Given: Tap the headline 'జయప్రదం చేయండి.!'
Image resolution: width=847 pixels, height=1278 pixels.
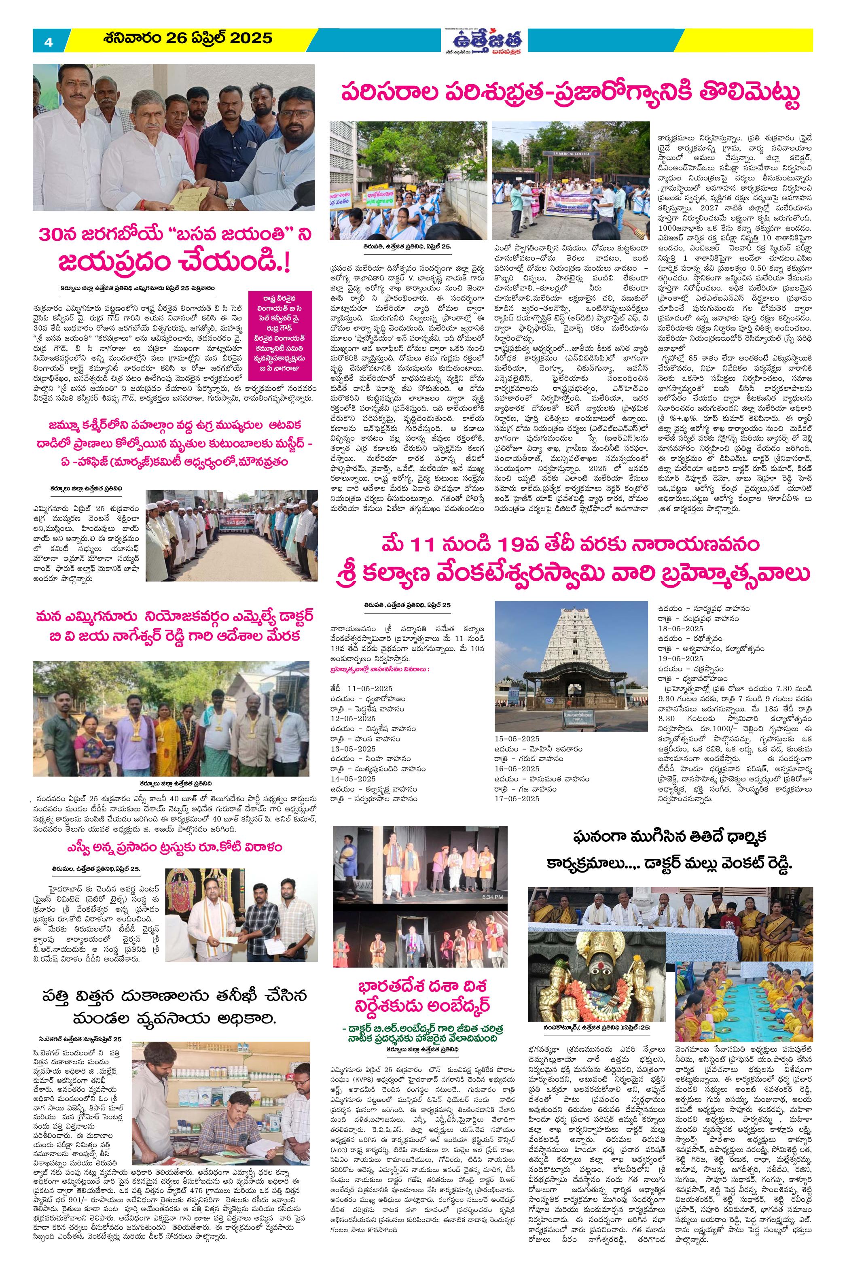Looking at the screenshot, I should pyautogui.click(x=176, y=264).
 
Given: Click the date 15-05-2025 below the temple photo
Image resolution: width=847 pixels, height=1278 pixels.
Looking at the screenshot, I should pyautogui.click(x=517, y=738).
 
